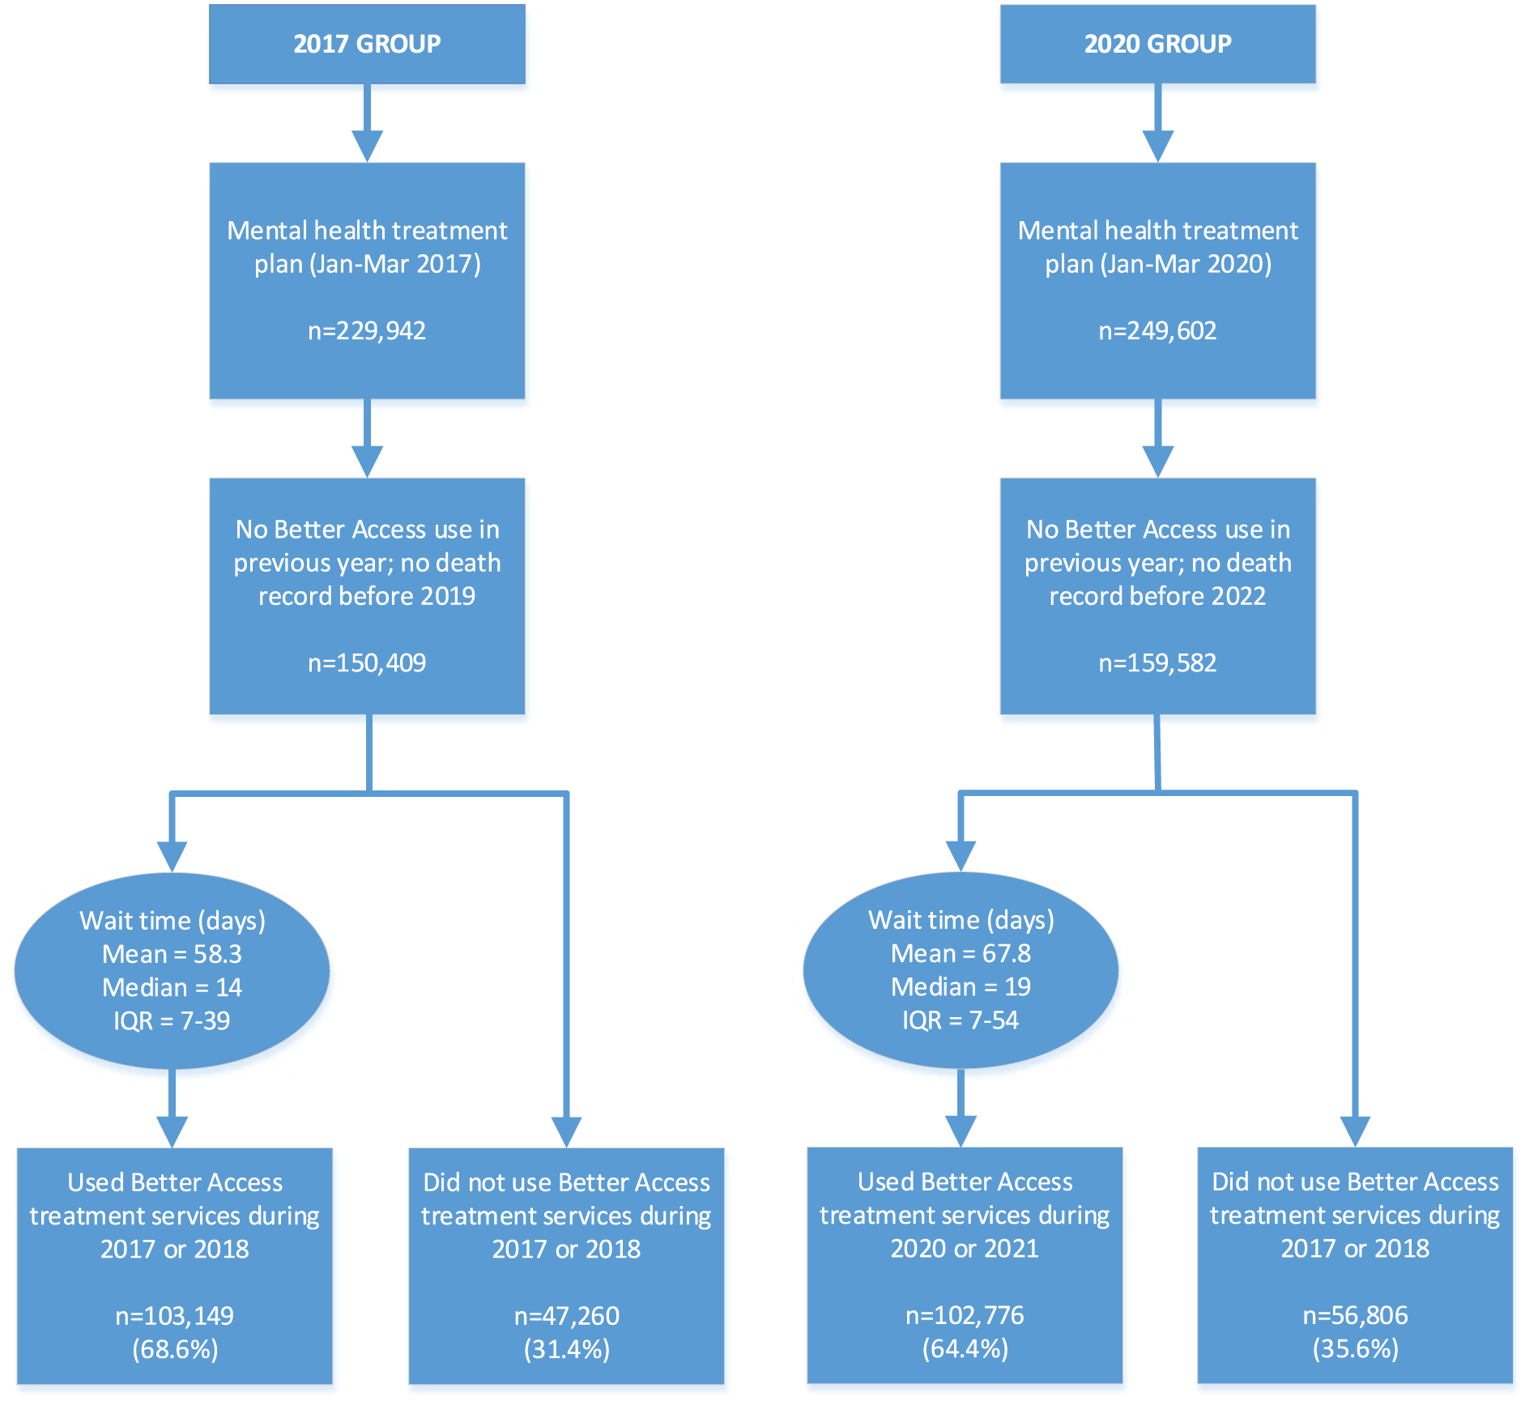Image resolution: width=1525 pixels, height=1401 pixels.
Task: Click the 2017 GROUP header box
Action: coord(367,44)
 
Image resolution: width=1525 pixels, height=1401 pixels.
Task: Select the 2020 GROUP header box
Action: coord(1157,44)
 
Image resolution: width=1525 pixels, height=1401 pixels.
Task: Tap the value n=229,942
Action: coord(367,330)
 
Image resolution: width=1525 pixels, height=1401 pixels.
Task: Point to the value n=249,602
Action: coord(1157,330)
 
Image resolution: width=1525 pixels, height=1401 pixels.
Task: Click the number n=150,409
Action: coord(367,662)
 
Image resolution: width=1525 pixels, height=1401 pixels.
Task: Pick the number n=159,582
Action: coord(1157,662)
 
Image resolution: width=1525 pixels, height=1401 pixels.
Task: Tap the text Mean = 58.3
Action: coord(172,954)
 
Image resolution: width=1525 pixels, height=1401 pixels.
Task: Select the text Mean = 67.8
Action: coord(961,953)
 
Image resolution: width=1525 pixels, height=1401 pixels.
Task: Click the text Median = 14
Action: coord(172,987)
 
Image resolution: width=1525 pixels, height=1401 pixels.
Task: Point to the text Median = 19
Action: coord(961,986)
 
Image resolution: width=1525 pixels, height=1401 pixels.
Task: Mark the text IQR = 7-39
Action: coord(172,1020)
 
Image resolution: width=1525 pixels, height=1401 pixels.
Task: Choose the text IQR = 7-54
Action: coord(961,1020)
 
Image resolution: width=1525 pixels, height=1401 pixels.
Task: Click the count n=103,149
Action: coord(175,1316)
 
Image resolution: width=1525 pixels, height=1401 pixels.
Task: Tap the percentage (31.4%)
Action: coord(567,1349)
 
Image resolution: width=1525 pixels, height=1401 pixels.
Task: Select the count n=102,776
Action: coord(965,1315)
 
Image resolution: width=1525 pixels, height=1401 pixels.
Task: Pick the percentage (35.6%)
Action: coord(1356,1348)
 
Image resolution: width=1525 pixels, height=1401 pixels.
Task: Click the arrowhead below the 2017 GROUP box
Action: coord(367,147)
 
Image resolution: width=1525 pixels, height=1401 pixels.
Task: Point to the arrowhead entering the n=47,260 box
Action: coord(567,1132)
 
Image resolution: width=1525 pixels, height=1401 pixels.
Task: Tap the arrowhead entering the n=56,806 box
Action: coord(1355,1131)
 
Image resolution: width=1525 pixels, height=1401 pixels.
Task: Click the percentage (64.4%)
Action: coord(965,1348)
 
